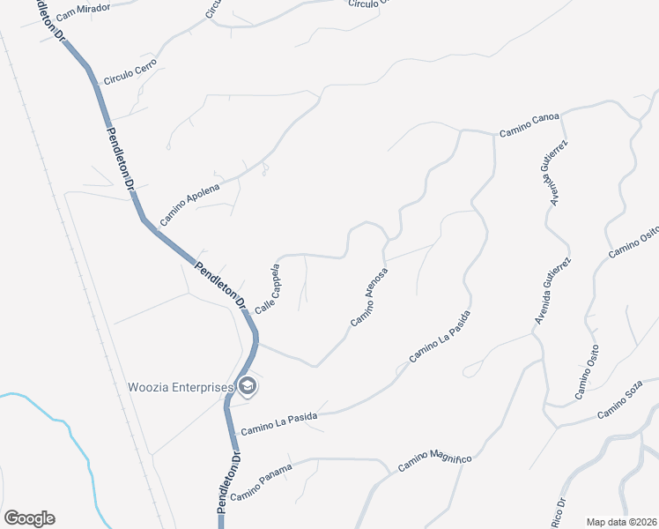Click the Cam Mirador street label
[x=82, y=11]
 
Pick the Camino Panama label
[x=260, y=482]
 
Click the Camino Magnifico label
[x=435, y=459]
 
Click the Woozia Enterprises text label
[x=180, y=387]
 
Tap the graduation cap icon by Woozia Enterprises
[x=248, y=386]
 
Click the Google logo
[x=29, y=518]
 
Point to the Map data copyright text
[x=621, y=522]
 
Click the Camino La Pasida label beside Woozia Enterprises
[x=278, y=423]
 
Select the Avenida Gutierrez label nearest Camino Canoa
[x=555, y=173]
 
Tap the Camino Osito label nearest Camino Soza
[x=587, y=373]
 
